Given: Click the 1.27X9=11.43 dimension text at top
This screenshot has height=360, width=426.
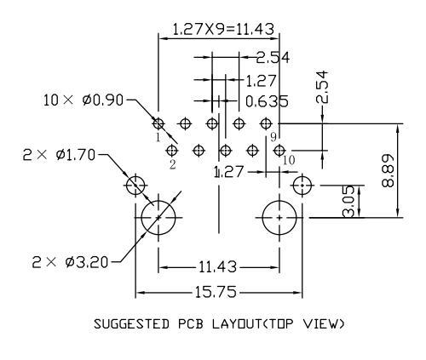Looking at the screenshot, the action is (223, 29).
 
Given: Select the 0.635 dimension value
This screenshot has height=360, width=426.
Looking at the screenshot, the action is (267, 101).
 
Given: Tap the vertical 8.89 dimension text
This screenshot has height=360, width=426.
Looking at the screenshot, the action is (388, 170).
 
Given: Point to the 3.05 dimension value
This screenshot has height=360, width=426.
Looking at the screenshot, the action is (349, 201).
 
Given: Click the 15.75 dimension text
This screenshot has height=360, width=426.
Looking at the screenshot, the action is (216, 292).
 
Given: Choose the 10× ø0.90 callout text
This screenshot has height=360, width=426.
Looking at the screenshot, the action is (83, 100).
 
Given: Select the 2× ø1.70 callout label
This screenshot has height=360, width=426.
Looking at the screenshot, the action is (59, 155).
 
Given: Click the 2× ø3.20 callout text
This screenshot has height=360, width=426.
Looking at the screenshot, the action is (70, 262).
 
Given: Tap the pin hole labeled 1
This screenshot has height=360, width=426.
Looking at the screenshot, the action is (158, 123).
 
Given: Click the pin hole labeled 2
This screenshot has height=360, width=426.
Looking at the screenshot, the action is (172, 151).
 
